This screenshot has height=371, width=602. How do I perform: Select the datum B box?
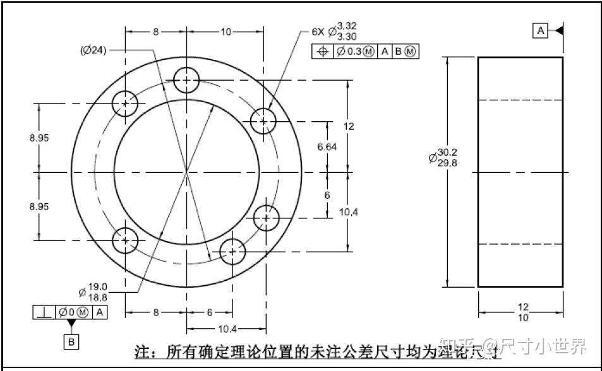(x=71, y=341)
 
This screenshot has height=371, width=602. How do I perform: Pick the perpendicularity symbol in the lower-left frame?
(x=44, y=312)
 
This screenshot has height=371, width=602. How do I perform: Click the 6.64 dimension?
(x=327, y=146)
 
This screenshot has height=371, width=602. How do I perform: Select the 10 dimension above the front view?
(x=226, y=31)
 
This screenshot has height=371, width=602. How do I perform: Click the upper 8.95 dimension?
(x=39, y=138)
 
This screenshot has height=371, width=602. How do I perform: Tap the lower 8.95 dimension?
(x=39, y=206)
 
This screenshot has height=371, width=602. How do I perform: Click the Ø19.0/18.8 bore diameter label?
(x=93, y=290)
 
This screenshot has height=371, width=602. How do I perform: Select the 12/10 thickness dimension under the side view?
(x=523, y=312)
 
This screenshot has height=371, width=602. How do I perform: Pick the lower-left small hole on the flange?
(x=125, y=240)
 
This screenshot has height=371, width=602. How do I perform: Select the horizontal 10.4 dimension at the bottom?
(x=227, y=329)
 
